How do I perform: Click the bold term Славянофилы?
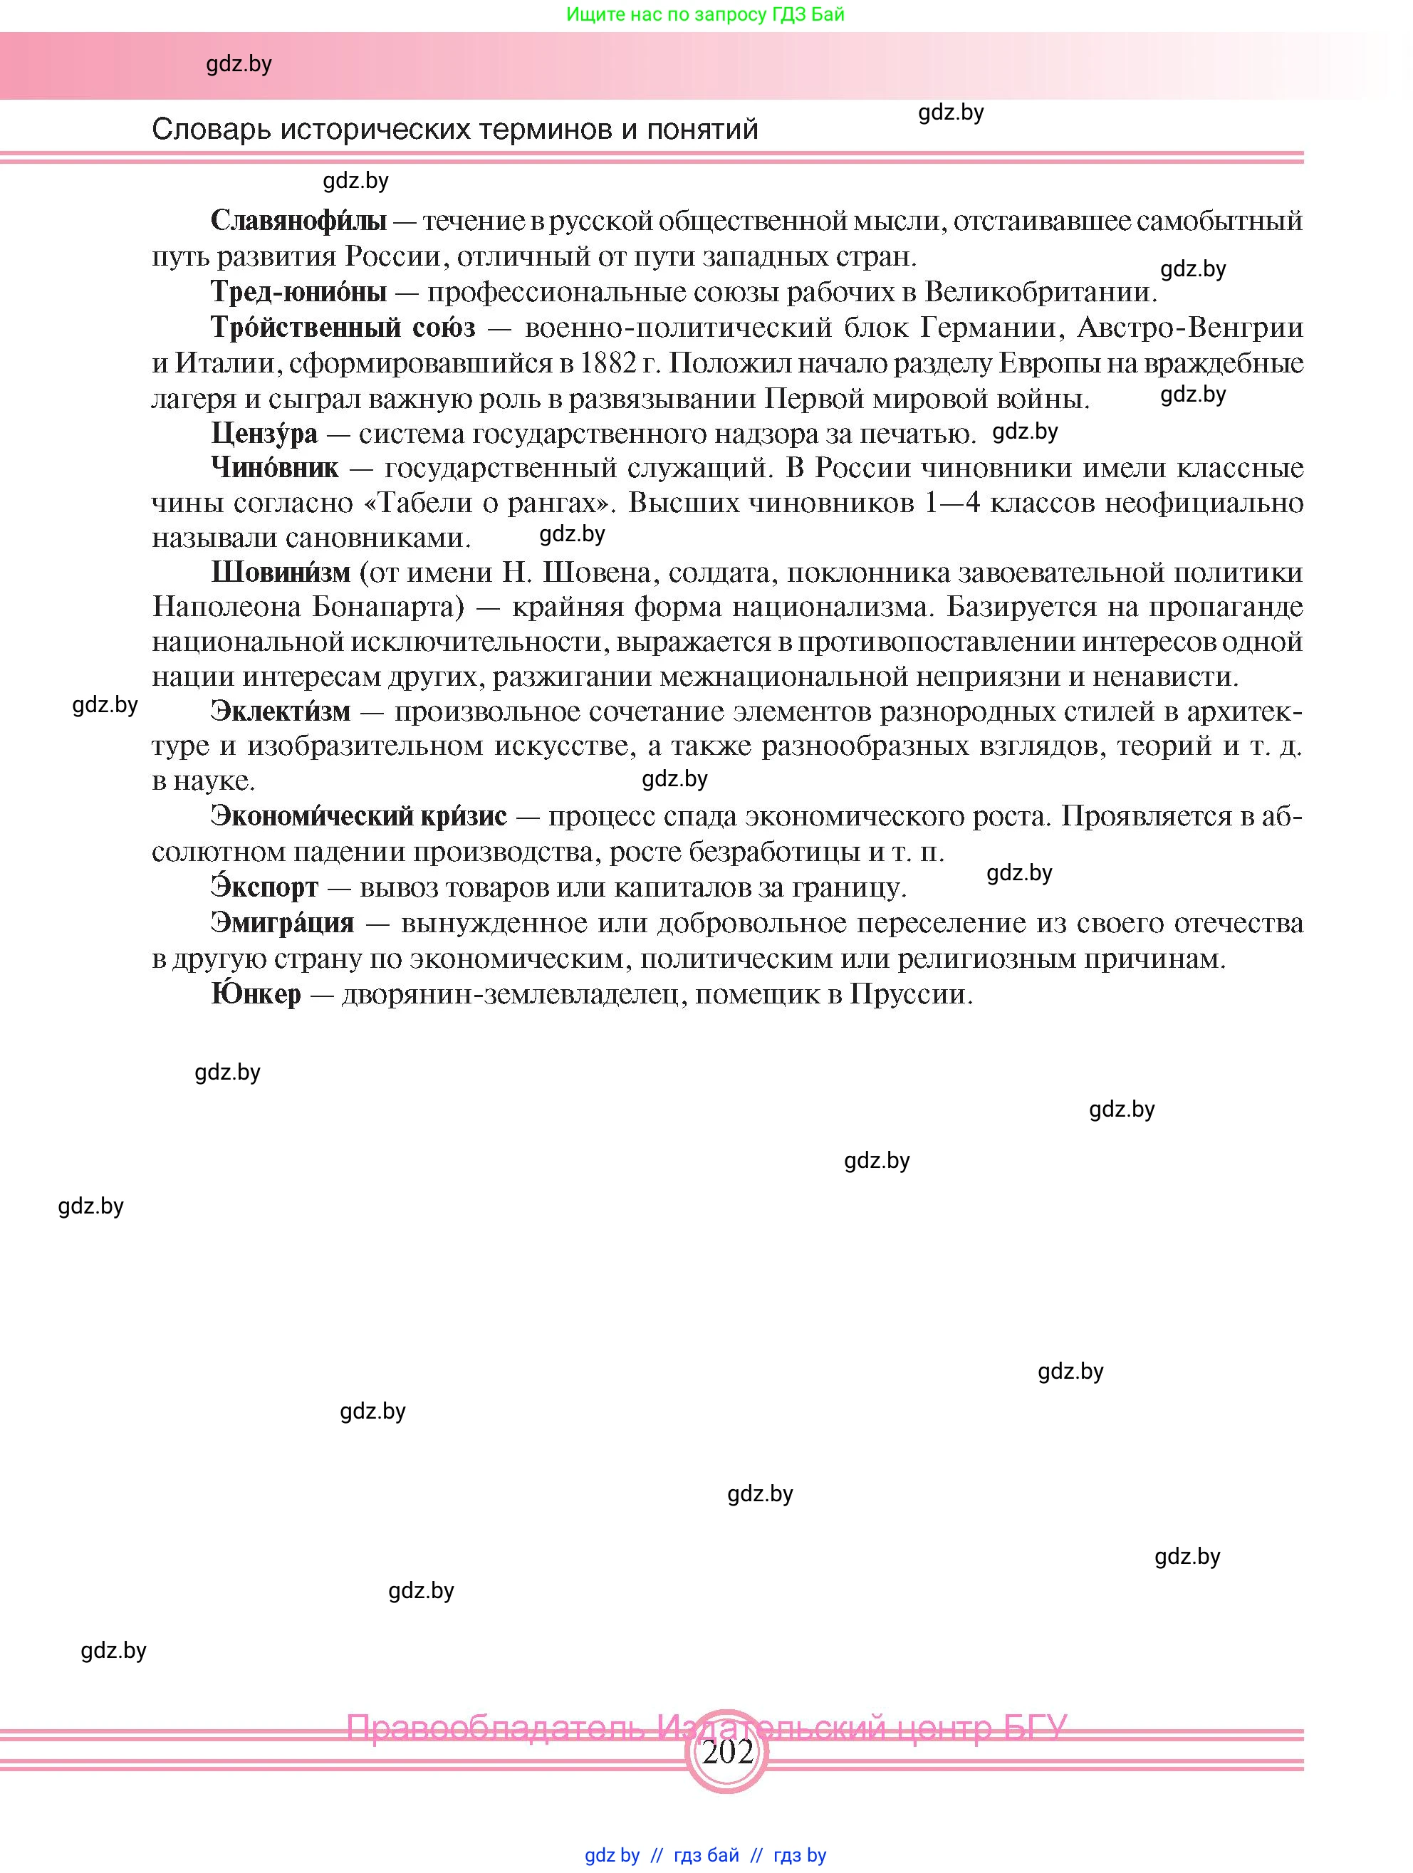click(x=298, y=221)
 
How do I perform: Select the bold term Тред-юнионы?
click(x=298, y=292)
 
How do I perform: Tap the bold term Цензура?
click(x=264, y=434)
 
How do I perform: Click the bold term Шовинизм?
click(x=280, y=573)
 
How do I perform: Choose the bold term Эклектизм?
click(x=280, y=711)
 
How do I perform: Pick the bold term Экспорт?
click(x=264, y=887)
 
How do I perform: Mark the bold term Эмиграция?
click(x=283, y=922)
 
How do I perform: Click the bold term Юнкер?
click(x=256, y=994)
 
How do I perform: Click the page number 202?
click(x=727, y=1751)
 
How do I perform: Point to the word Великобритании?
click(x=1041, y=292)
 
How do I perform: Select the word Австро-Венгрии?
click(x=1190, y=328)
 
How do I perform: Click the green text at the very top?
click(x=705, y=14)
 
